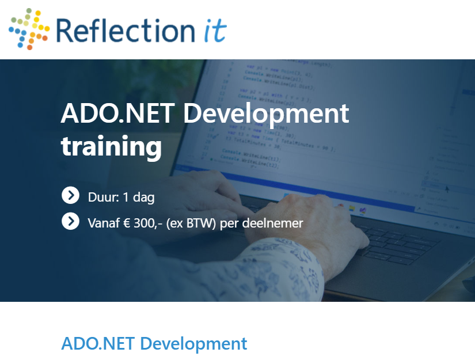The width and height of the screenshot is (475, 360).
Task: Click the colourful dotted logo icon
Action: (29, 28)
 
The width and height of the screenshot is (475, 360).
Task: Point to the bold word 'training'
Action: (111, 146)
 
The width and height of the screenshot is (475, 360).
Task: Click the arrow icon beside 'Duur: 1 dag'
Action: (70, 196)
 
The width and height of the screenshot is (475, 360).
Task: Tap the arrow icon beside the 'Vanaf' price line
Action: (70, 221)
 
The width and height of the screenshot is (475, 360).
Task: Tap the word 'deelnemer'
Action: (274, 223)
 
